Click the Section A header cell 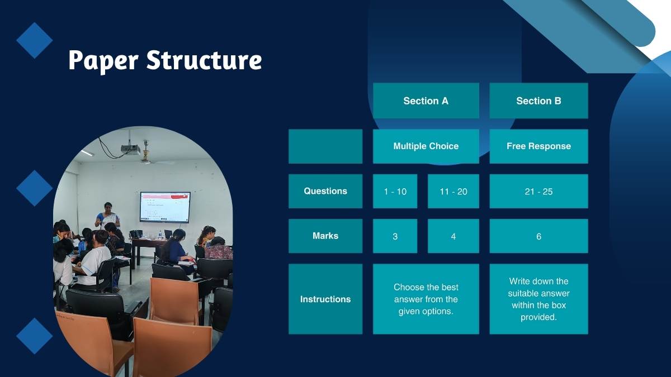click(x=426, y=101)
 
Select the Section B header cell click(x=538, y=101)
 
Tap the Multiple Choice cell click(x=426, y=146)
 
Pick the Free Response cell click(x=538, y=146)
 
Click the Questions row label click(x=325, y=191)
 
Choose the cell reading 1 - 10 click(x=395, y=191)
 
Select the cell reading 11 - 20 click(x=453, y=191)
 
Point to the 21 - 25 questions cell click(x=538, y=191)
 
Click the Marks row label click(x=325, y=236)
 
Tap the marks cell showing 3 click(x=395, y=236)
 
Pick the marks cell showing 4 click(x=453, y=236)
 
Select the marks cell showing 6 click(x=538, y=236)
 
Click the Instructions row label click(x=325, y=299)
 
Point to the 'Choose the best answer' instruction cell click(x=426, y=299)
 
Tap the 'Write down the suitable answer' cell click(x=538, y=299)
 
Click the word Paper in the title click(x=103, y=61)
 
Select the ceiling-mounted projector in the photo click(x=131, y=149)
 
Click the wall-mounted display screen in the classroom click(x=165, y=207)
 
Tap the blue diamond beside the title click(x=35, y=40)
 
